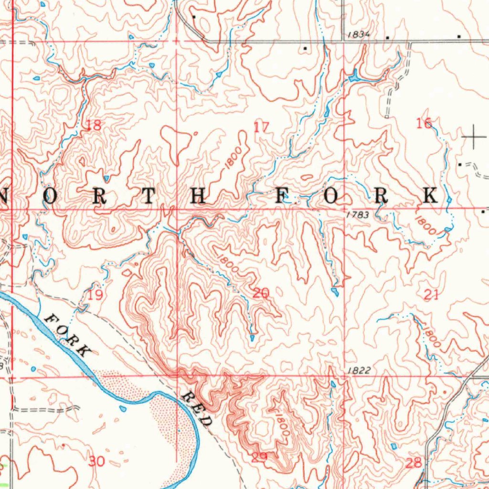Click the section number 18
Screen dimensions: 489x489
pos(94,126)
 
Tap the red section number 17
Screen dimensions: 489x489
pos(261,127)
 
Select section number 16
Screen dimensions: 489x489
pos(424,124)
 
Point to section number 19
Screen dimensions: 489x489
pos(95,295)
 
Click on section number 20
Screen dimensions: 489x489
pos(261,293)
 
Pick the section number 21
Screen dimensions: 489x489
pos(431,295)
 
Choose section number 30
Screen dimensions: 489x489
pos(96,461)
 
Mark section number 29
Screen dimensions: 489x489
pos(259,457)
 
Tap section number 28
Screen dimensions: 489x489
pos(414,462)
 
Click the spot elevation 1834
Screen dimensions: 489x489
pos(359,34)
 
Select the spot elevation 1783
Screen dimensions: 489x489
pos(358,215)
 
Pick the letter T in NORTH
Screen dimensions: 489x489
pos(149,196)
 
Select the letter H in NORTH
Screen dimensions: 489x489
pos(199,196)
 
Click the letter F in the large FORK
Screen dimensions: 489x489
pos(282,196)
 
